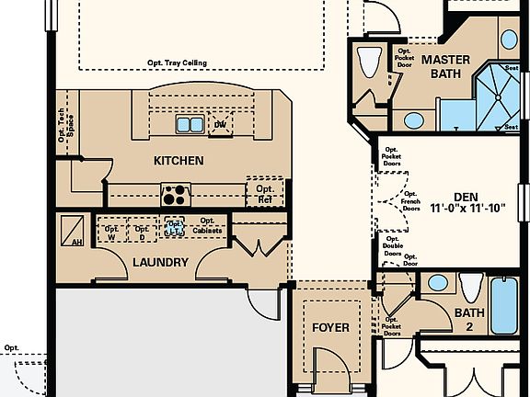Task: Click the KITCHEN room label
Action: [x=179, y=161]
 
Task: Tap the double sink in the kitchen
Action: [x=190, y=124]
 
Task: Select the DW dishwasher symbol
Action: [x=220, y=124]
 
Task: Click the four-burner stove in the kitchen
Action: [x=175, y=194]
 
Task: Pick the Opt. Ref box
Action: [x=264, y=194]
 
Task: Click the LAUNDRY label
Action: [x=160, y=263]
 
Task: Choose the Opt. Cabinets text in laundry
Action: [x=207, y=226]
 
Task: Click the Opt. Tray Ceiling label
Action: [x=177, y=63]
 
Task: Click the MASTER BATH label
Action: [x=446, y=66]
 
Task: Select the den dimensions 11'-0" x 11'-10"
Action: [x=469, y=209]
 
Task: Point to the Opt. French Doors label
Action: [x=409, y=201]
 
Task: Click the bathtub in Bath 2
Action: [x=505, y=304]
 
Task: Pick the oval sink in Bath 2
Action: [x=438, y=283]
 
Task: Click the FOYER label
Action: [x=330, y=328]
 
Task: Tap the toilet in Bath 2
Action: [x=470, y=288]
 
